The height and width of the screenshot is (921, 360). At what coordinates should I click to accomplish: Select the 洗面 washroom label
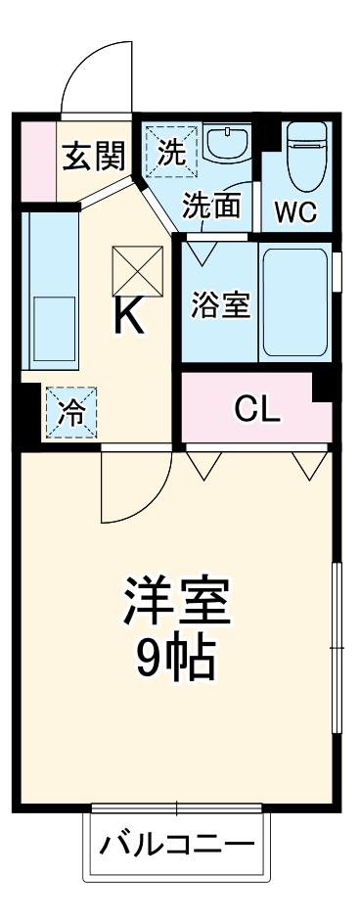pyautogui.click(x=212, y=207)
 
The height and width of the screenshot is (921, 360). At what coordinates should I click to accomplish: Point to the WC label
pyautogui.click(x=295, y=212)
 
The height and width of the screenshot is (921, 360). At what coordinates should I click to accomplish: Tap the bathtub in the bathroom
pyautogui.click(x=293, y=301)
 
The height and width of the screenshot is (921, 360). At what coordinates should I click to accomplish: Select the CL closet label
pyautogui.click(x=257, y=411)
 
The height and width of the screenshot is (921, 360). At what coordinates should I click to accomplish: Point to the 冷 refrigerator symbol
pyautogui.click(x=70, y=412)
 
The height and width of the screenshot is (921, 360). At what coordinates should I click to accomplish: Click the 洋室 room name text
pyautogui.click(x=176, y=603)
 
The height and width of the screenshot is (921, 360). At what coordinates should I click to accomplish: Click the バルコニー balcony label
pyautogui.click(x=178, y=844)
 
